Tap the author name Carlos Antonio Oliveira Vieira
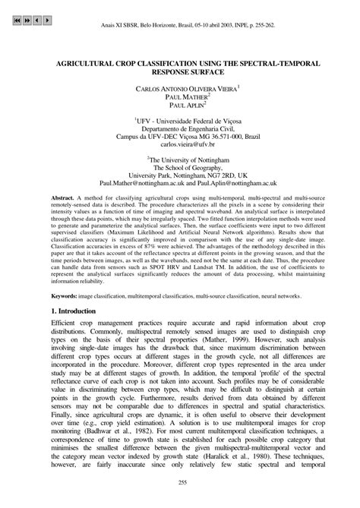178,89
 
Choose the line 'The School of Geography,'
180,167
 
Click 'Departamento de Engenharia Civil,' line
180,127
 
